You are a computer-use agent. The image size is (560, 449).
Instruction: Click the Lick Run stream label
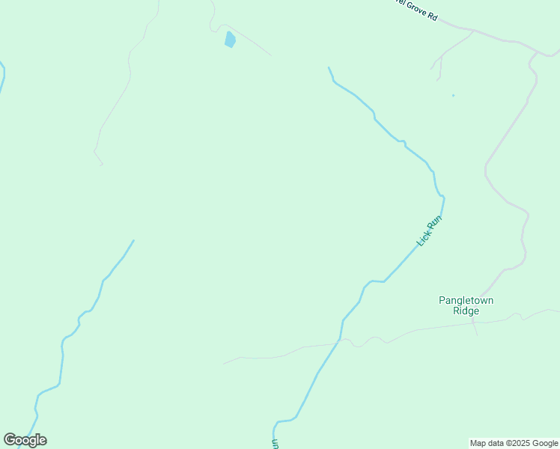[430, 231]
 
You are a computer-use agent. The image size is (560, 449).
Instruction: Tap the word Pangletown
[466, 300]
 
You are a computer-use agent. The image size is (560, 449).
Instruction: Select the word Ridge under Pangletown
[466, 311]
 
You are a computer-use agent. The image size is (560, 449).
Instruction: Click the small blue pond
[230, 39]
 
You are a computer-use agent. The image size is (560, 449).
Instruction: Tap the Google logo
[25, 439]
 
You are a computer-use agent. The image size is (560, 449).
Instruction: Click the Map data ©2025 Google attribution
[514, 443]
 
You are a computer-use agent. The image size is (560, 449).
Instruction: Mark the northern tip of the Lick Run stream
[329, 68]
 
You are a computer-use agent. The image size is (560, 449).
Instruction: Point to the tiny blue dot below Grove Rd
[453, 96]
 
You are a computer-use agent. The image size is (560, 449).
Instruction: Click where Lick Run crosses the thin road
[341, 340]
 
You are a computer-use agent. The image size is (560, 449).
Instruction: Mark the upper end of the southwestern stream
[133, 240]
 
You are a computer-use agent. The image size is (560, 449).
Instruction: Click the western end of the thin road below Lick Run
[223, 364]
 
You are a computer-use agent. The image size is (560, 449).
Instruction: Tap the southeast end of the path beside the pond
[270, 55]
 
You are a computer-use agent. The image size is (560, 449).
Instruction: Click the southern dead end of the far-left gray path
[103, 165]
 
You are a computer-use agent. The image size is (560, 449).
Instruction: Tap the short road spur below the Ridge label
[475, 329]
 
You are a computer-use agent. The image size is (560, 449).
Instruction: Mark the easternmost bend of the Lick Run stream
[443, 198]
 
